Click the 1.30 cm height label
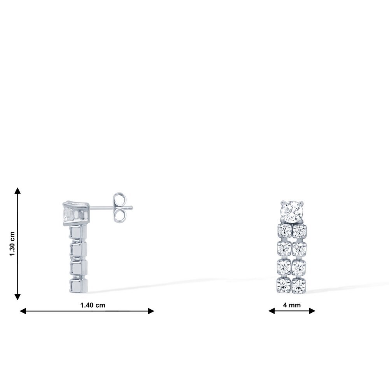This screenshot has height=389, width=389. pos(12,244)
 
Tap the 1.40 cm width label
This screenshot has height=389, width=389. pos(93,305)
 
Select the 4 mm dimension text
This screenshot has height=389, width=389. pos(292,305)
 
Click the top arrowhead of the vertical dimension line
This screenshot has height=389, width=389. pos(18,191)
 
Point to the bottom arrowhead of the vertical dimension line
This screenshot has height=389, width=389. pos(18,297)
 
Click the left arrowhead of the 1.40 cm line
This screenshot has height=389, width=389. pos(23,311)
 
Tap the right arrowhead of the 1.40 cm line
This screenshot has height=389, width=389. pos(151,311)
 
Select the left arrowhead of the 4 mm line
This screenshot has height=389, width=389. pos(272,310)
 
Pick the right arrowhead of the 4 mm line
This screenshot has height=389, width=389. pos(312,310)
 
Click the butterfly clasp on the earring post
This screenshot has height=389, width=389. pos(119,207)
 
